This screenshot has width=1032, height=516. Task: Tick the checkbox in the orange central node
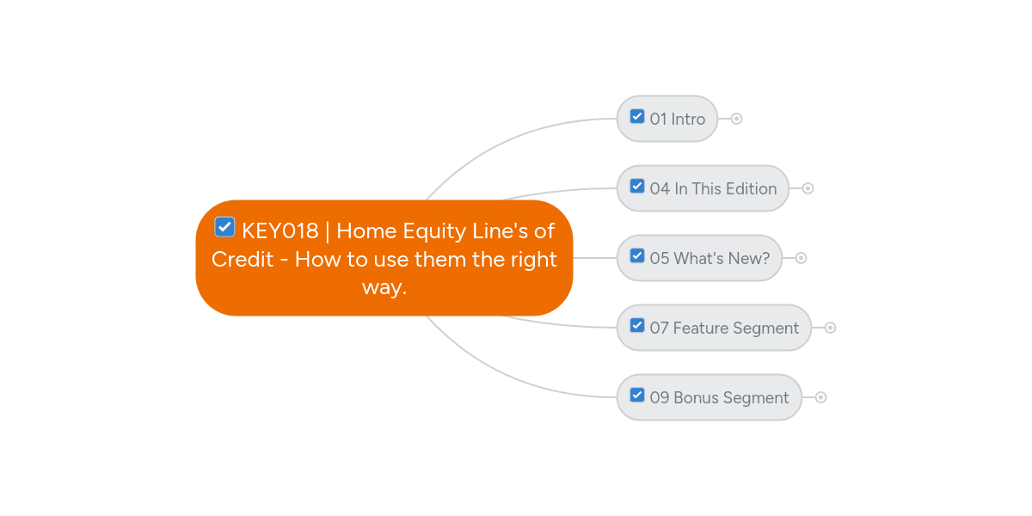coord(224,227)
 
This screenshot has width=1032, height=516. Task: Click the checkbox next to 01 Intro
coord(637,117)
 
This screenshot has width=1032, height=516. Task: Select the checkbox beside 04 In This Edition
coord(637,186)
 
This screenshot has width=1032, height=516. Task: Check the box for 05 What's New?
coord(637,255)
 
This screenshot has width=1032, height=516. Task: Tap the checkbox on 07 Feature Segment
coord(637,325)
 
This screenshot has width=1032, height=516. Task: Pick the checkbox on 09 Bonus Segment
coord(637,395)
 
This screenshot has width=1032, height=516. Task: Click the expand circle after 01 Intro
coord(737,119)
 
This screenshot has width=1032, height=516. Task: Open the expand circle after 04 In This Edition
coord(808,188)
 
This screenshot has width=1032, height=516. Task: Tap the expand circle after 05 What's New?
coord(802,258)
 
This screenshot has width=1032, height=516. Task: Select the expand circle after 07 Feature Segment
coord(830,328)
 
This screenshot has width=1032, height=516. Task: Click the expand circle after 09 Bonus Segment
coord(820,397)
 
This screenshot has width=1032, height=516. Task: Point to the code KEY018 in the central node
coord(280,230)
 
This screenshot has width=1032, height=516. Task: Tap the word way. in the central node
coord(384,288)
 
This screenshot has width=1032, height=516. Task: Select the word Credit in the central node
coord(243,260)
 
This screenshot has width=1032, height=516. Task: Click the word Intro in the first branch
coord(688,120)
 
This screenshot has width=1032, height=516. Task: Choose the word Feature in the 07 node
coord(701,328)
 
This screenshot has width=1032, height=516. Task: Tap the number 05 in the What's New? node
coord(660,259)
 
